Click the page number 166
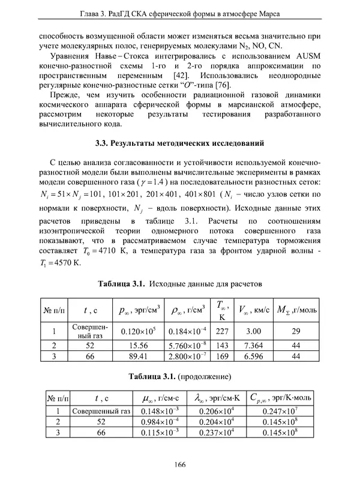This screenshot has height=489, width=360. pos(179,463)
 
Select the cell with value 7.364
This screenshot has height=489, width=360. pos(254,346)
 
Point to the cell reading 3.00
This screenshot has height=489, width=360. pos(254,331)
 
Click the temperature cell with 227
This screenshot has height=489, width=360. pos(222,331)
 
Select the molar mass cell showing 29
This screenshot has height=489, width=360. pos(295,331)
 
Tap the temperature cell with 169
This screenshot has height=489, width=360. pos(222,356)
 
